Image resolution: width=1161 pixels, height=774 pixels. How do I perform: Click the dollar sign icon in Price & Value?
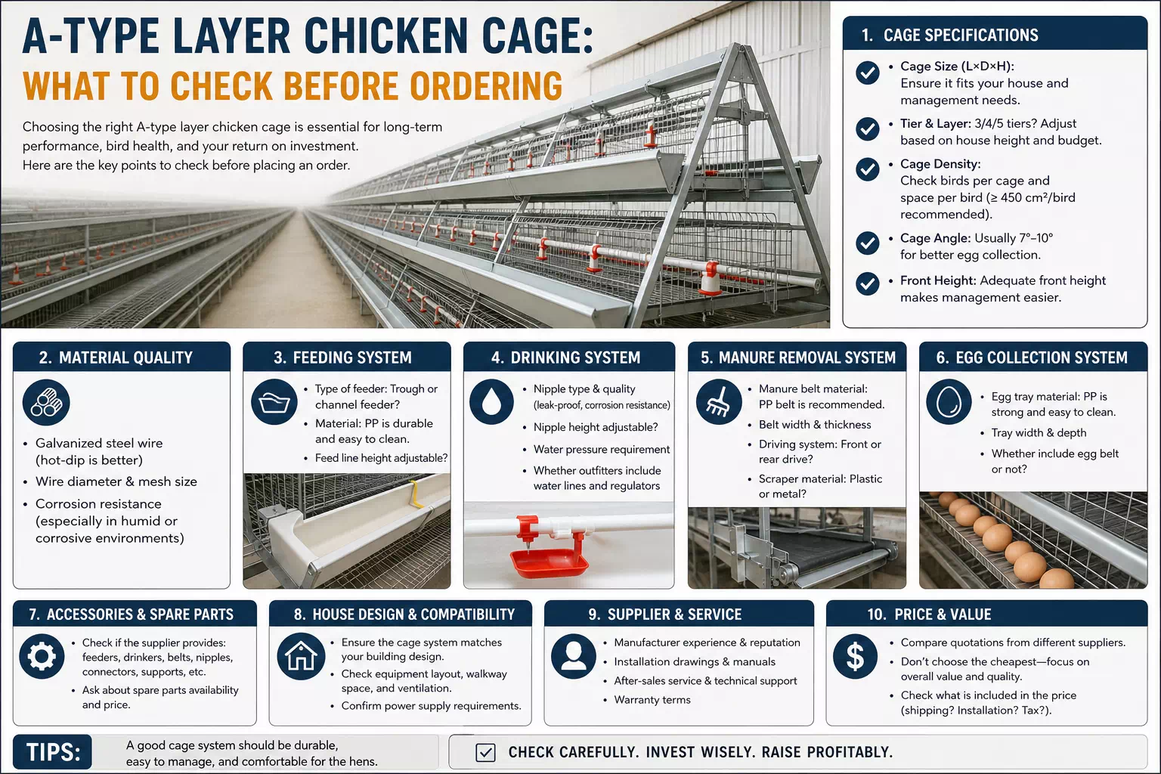click(855, 656)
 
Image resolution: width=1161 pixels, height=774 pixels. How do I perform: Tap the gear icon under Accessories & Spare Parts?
click(42, 656)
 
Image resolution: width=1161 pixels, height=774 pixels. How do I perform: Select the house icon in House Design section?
click(301, 656)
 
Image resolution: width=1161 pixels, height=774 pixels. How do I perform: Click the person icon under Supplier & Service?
click(574, 656)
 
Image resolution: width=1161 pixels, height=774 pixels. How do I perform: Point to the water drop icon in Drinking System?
click(491, 402)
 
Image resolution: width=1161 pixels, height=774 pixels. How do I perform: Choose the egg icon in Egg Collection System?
click(949, 402)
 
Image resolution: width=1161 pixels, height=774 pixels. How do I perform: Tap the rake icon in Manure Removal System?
click(719, 402)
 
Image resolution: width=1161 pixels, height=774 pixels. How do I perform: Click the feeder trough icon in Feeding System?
click(274, 402)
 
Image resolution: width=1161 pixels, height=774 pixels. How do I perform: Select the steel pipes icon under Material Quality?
click(46, 403)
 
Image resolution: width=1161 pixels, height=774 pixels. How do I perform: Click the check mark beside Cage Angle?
click(867, 243)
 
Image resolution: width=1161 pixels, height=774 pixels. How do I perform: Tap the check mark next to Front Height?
click(867, 283)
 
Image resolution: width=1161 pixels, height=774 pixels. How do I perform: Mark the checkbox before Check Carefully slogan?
click(485, 752)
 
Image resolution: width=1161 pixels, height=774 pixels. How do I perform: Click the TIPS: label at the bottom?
click(53, 752)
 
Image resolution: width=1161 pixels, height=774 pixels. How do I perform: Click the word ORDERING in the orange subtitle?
click(486, 85)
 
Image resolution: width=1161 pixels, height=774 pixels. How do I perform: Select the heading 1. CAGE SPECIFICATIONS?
click(949, 35)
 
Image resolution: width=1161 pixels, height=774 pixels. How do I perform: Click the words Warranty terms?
click(652, 700)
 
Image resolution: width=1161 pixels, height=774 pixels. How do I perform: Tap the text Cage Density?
click(940, 164)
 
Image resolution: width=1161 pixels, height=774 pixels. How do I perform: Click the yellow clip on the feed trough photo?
click(415, 494)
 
